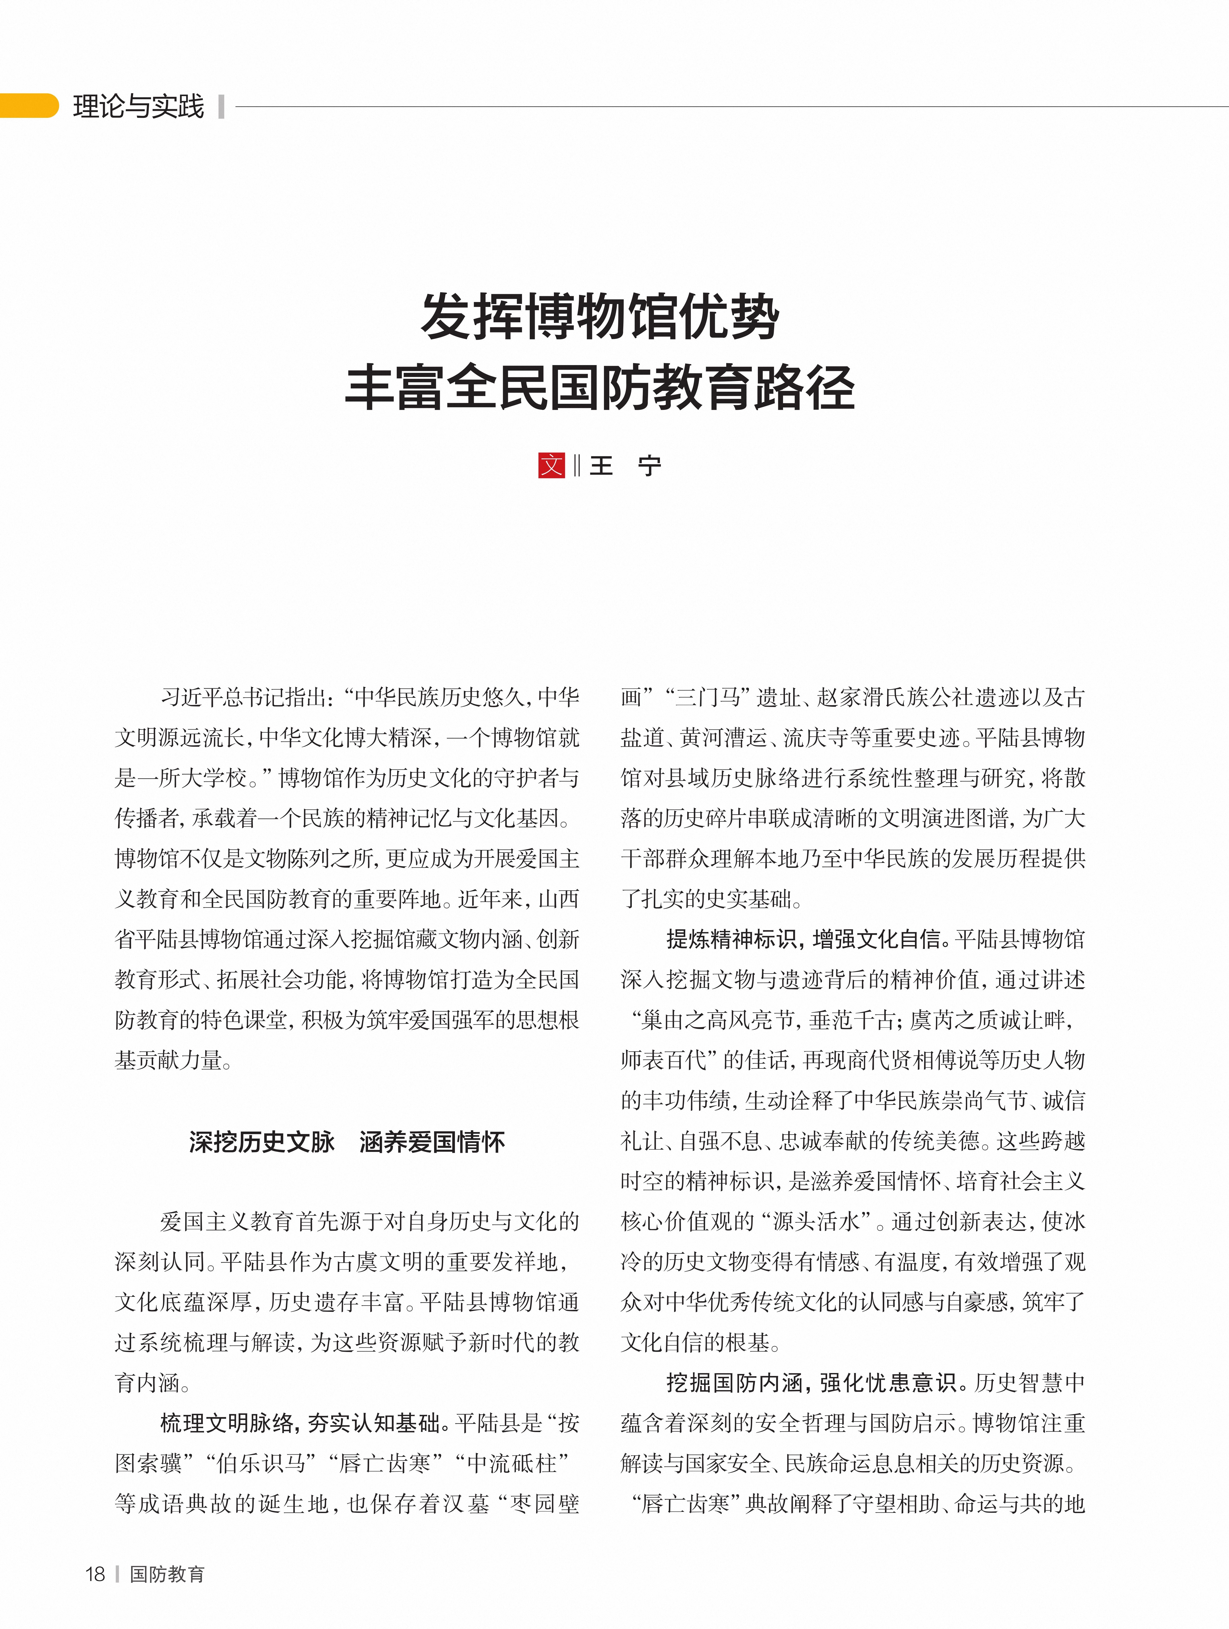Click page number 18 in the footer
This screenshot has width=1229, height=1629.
pos(95,1574)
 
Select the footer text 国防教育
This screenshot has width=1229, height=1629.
pos(167,1574)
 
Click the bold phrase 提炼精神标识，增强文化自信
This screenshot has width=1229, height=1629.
pos(805,939)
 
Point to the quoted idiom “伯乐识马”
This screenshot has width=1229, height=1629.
pos(262,1463)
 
